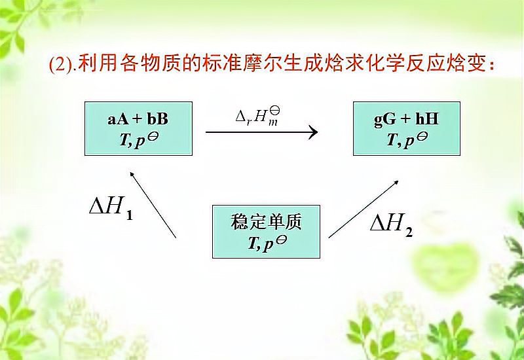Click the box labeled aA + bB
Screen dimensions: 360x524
(x=138, y=128)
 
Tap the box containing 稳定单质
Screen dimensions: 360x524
(x=266, y=231)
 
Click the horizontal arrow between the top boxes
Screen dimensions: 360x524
(x=261, y=132)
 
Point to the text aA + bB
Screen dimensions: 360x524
(x=138, y=120)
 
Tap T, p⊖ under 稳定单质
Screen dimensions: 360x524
(x=266, y=243)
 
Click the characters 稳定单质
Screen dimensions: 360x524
(x=266, y=221)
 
